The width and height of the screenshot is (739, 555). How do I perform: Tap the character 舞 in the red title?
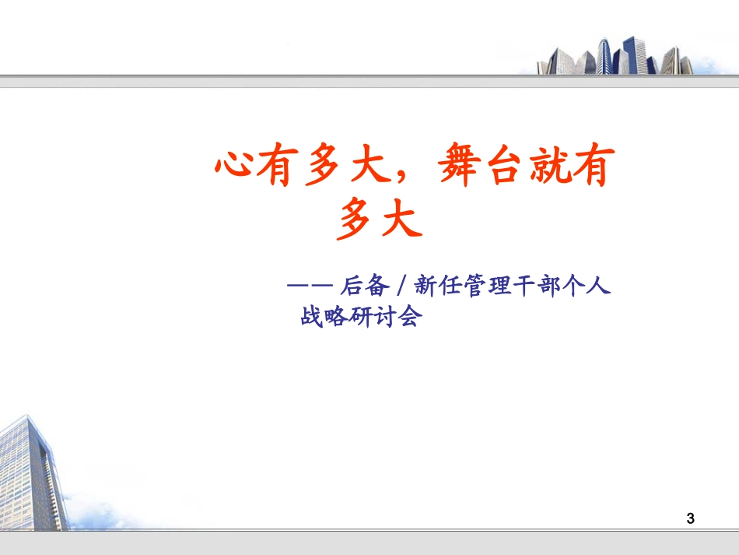click(x=457, y=169)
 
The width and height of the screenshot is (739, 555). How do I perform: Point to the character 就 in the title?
click(x=543, y=169)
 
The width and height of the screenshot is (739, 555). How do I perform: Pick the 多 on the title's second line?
click(x=357, y=220)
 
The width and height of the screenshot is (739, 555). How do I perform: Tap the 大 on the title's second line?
click(x=401, y=220)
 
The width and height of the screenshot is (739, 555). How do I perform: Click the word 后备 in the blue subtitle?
click(x=365, y=287)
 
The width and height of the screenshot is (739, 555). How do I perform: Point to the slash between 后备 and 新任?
click(x=401, y=287)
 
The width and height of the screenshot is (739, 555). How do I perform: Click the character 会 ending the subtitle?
click(x=409, y=317)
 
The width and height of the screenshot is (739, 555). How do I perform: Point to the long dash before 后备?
click(x=310, y=287)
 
